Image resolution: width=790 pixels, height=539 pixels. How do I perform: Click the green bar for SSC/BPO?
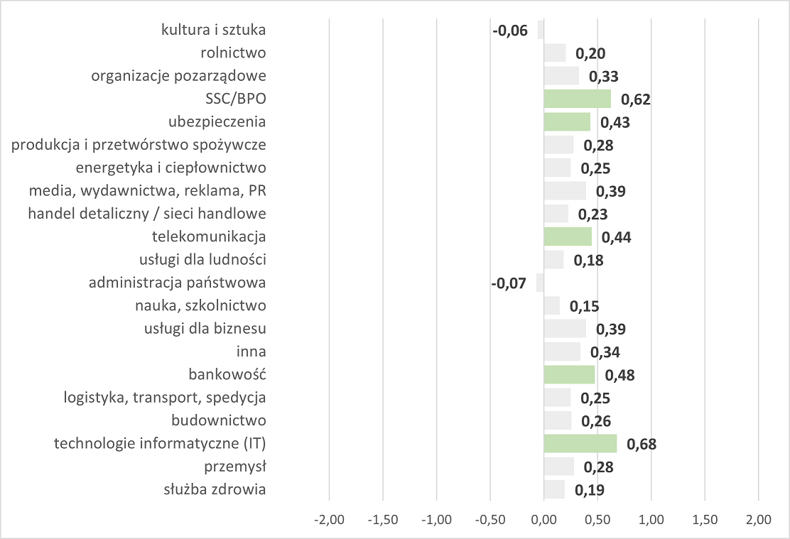click(x=577, y=98)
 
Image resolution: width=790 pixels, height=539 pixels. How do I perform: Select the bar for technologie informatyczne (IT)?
click(x=580, y=444)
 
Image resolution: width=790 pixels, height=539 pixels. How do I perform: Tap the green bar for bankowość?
click(x=569, y=374)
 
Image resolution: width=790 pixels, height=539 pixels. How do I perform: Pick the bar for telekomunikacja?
click(x=568, y=236)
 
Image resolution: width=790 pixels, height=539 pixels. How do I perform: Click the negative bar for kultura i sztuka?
click(x=541, y=30)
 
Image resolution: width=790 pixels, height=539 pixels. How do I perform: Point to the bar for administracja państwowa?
click(x=540, y=283)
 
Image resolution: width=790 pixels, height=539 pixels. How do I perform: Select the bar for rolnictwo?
click(x=554, y=53)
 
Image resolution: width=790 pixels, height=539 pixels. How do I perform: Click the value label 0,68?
click(x=642, y=445)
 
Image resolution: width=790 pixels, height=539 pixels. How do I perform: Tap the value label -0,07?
click(x=509, y=283)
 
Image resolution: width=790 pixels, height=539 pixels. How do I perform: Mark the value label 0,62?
click(x=636, y=99)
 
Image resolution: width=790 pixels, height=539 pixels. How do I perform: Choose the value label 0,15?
click(x=585, y=307)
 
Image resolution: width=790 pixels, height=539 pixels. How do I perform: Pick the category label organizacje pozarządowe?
click(x=178, y=75)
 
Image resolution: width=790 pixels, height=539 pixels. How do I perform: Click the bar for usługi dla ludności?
click(x=553, y=259)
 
